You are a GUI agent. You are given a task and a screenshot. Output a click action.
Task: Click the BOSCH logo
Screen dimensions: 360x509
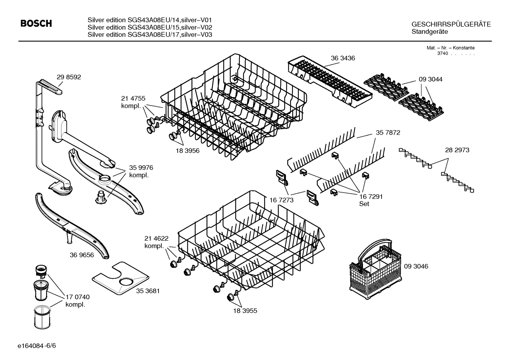[36, 24]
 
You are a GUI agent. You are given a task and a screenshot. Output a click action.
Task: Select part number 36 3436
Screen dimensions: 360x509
[343, 58]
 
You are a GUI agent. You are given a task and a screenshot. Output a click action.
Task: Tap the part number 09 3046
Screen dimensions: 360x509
[416, 266]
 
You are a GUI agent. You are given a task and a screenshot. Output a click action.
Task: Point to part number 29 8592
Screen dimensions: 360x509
[68, 77]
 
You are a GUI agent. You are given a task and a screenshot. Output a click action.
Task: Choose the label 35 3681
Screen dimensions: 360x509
[148, 291]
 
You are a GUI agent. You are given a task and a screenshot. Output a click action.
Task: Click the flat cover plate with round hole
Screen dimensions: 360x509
[120, 278]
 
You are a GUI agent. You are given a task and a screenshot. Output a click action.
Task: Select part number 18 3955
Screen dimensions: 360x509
[245, 311]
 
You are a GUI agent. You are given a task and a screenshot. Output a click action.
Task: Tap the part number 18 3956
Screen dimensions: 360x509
[187, 151]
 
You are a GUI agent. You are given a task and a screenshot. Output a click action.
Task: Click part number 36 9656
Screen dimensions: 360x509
[82, 255]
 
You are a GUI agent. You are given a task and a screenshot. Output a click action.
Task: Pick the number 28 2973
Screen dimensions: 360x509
[457, 150]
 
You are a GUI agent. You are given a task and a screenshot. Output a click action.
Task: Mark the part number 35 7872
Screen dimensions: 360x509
[388, 132]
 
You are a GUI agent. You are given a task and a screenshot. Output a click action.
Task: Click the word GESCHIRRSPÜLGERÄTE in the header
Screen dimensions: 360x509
[451, 24]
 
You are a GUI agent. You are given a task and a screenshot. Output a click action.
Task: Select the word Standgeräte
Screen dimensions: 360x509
[430, 32]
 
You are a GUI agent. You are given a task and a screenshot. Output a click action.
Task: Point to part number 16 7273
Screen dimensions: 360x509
[281, 200]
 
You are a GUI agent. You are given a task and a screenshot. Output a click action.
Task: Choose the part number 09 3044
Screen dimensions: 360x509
[430, 79]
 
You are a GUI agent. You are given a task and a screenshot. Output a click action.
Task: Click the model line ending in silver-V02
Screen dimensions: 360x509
[150, 28]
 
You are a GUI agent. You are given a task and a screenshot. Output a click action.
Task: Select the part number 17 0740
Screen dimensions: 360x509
[78, 297]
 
